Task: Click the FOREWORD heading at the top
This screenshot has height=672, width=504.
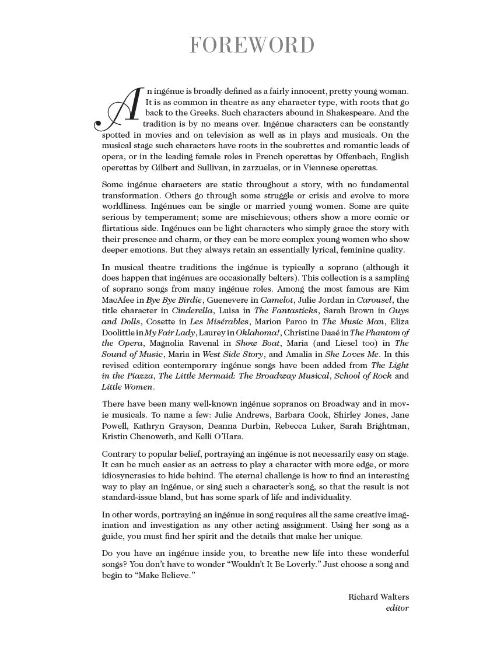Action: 252,45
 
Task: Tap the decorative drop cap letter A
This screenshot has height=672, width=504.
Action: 119,110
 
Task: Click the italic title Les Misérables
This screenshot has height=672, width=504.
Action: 221,321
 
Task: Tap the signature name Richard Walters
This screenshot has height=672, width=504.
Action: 378,597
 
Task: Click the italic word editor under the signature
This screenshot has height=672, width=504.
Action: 397,608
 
